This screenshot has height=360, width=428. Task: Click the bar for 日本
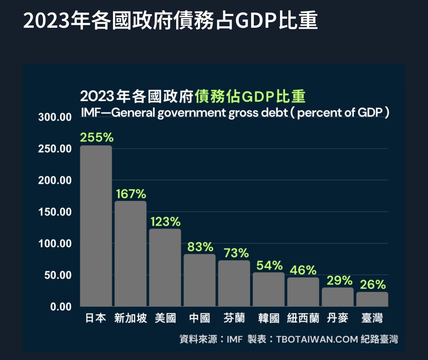(x=96, y=226)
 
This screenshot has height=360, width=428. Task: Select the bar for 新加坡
(x=130, y=254)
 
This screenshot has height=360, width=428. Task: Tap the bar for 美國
(x=165, y=267)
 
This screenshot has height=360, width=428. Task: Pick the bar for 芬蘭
(x=234, y=283)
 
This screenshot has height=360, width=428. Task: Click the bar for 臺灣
(x=372, y=299)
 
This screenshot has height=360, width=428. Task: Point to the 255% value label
(x=97, y=138)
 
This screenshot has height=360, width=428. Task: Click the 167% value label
(x=131, y=194)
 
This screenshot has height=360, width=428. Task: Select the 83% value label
(x=200, y=247)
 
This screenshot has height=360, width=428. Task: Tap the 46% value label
(x=303, y=270)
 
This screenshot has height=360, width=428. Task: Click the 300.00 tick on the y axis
(x=55, y=117)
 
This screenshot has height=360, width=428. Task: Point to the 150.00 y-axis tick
(x=55, y=212)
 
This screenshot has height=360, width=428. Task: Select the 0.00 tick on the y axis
(x=61, y=307)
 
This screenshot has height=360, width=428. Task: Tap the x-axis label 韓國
(x=269, y=318)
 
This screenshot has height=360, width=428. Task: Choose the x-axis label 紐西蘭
(x=303, y=318)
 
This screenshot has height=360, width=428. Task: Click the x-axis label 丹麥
(x=337, y=318)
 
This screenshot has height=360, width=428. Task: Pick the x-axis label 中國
(x=200, y=318)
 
